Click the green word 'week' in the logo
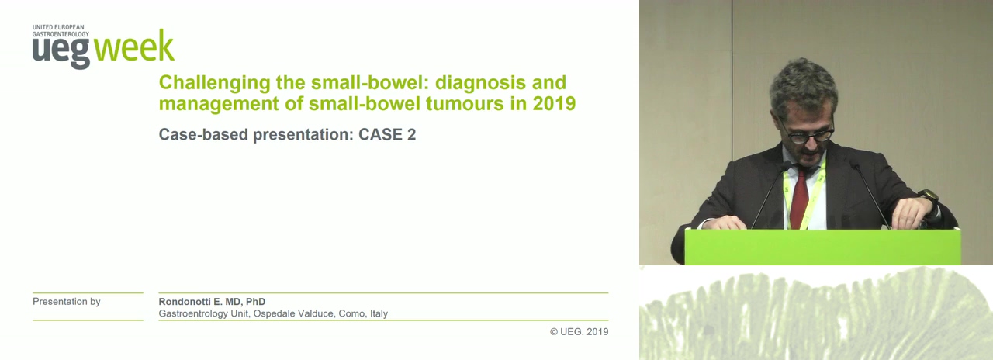pos(134,46)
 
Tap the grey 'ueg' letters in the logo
pos(61,53)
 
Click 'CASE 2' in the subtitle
pos(387,134)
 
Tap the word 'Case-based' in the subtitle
pos(203,135)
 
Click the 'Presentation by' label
pos(67,302)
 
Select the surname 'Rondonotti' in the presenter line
pos(185,302)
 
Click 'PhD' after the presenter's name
pos(255,302)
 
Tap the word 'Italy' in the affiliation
pos(379,313)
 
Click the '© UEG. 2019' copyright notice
pos(579,331)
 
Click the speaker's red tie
pos(800,197)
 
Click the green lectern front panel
pos(823,247)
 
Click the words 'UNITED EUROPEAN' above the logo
pos(58,27)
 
